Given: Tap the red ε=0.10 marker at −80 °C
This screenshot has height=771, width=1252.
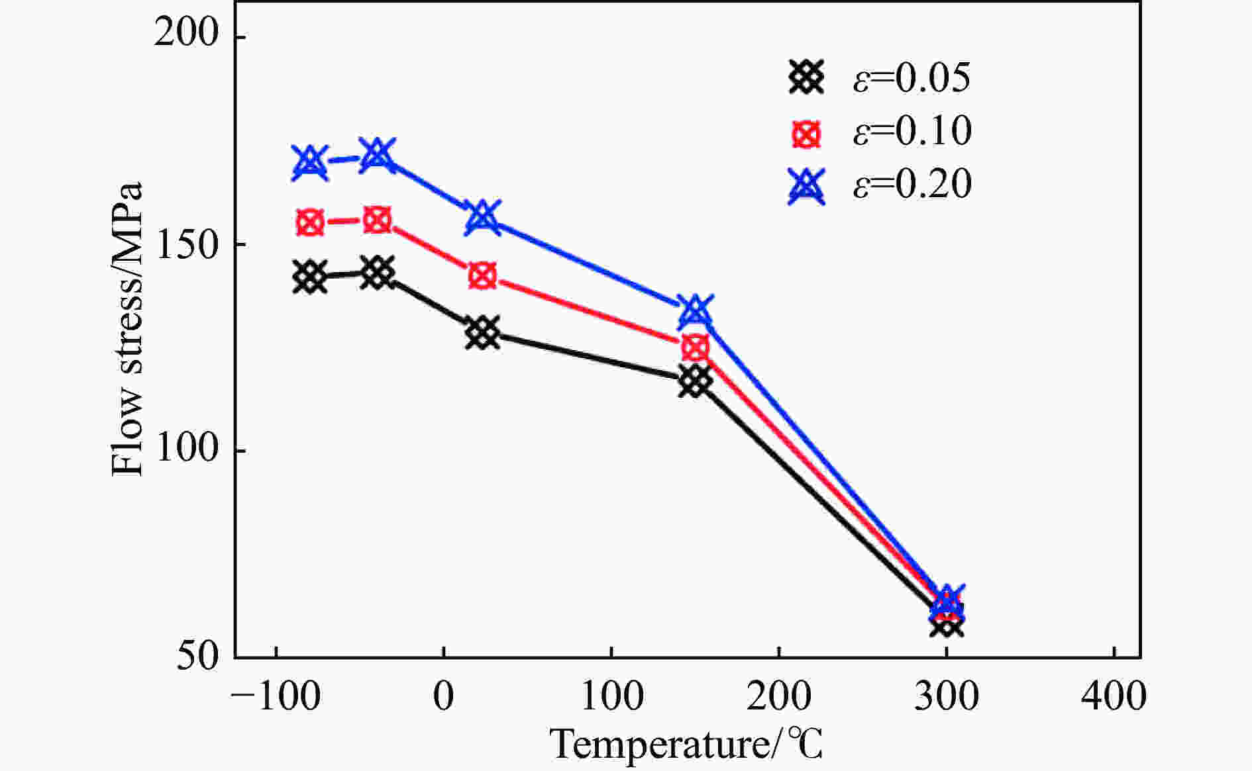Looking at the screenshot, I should point(310,222).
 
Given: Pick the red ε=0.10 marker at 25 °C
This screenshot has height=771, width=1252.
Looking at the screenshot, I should point(482,275).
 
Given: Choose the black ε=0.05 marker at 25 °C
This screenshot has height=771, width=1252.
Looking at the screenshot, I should point(482,332).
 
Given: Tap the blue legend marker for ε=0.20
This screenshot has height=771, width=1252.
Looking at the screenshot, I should point(806,185).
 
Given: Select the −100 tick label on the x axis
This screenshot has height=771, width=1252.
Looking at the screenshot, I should point(276,696).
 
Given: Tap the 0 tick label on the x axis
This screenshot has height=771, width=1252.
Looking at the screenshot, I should point(444,696).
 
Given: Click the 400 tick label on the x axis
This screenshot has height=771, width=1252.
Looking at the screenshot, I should point(1114,696).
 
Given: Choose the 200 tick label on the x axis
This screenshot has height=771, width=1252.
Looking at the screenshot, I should point(779,696).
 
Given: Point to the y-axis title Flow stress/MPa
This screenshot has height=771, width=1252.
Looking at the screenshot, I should point(127,329).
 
